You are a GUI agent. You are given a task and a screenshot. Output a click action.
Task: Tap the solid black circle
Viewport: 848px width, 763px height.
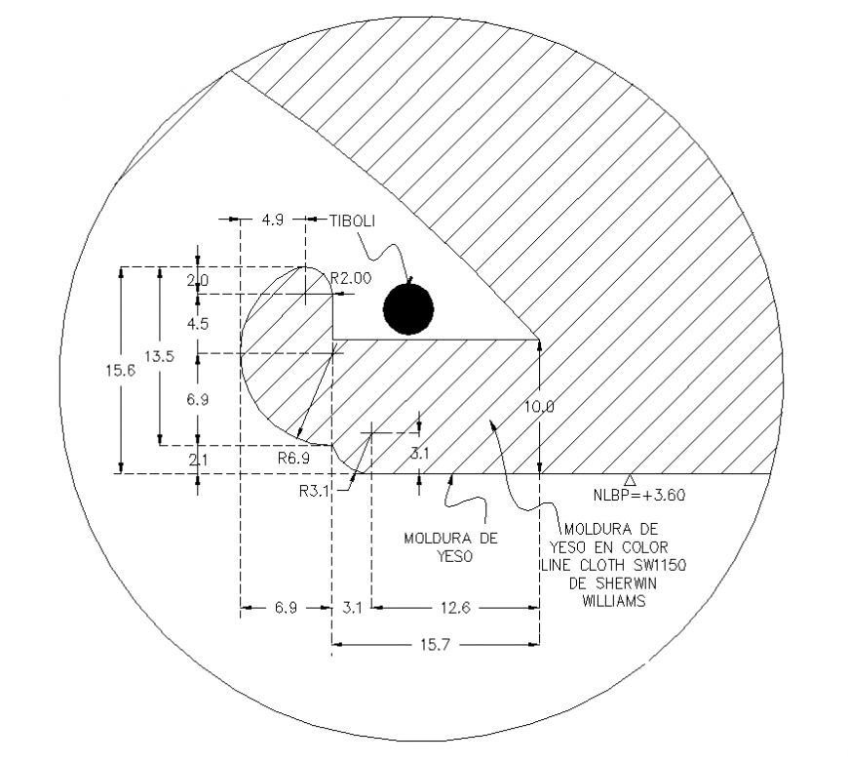(407, 309)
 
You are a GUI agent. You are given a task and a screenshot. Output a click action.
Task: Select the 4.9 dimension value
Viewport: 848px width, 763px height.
(272, 221)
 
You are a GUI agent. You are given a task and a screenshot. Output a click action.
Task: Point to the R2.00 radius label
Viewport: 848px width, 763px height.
(351, 278)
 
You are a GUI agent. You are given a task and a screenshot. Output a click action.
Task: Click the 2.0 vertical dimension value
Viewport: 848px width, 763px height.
(198, 280)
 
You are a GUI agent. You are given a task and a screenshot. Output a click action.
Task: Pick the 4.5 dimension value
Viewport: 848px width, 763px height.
(198, 324)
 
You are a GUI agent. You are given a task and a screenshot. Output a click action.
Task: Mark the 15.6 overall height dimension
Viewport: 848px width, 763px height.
(121, 371)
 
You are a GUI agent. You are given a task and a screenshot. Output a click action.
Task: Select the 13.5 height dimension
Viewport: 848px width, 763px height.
(159, 357)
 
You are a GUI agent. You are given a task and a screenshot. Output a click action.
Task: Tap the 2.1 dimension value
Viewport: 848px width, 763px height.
(198, 459)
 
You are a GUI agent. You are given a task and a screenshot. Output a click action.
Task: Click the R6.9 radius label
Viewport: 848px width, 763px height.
(291, 457)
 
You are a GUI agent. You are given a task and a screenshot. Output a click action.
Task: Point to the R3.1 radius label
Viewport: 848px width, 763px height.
(315, 491)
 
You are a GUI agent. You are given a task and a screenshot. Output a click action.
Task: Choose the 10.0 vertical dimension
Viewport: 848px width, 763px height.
(538, 407)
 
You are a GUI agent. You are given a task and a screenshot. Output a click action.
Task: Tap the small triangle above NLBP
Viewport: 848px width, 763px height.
(630, 479)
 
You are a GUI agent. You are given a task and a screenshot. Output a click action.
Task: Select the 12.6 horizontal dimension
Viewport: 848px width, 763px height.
(455, 608)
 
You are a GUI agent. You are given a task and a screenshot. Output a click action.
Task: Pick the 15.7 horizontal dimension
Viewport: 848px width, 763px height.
(436, 645)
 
